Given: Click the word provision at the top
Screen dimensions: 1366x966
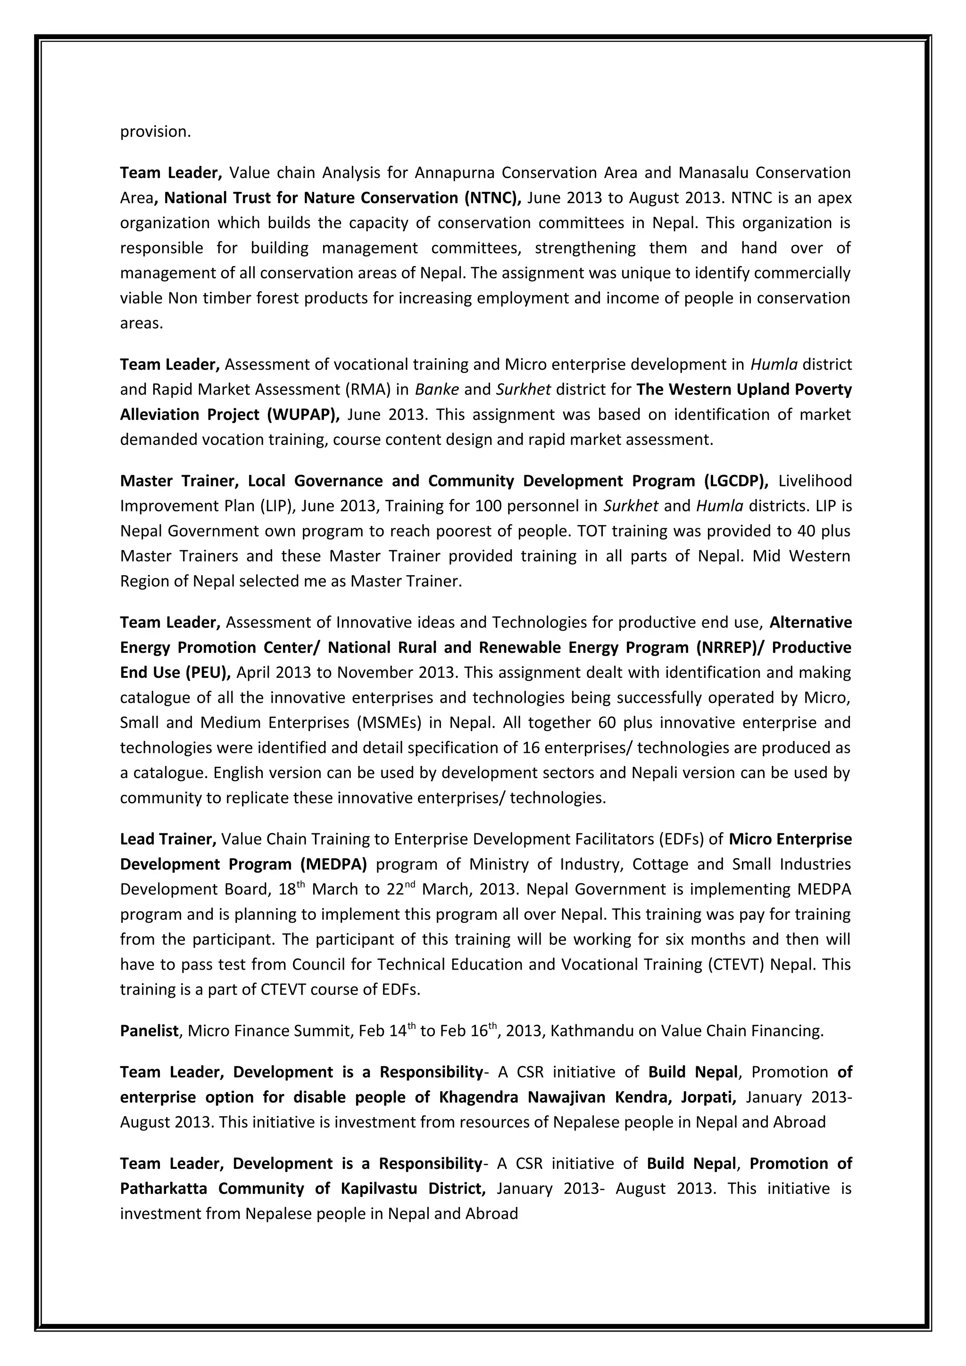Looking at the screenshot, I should pyautogui.click(x=155, y=132).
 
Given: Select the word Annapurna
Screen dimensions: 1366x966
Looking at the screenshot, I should pyautogui.click(x=455, y=173).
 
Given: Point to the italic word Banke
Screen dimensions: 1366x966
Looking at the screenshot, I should pyautogui.click(x=436, y=389).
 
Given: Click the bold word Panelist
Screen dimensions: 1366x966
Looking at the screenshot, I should pyautogui.click(x=149, y=1030).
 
